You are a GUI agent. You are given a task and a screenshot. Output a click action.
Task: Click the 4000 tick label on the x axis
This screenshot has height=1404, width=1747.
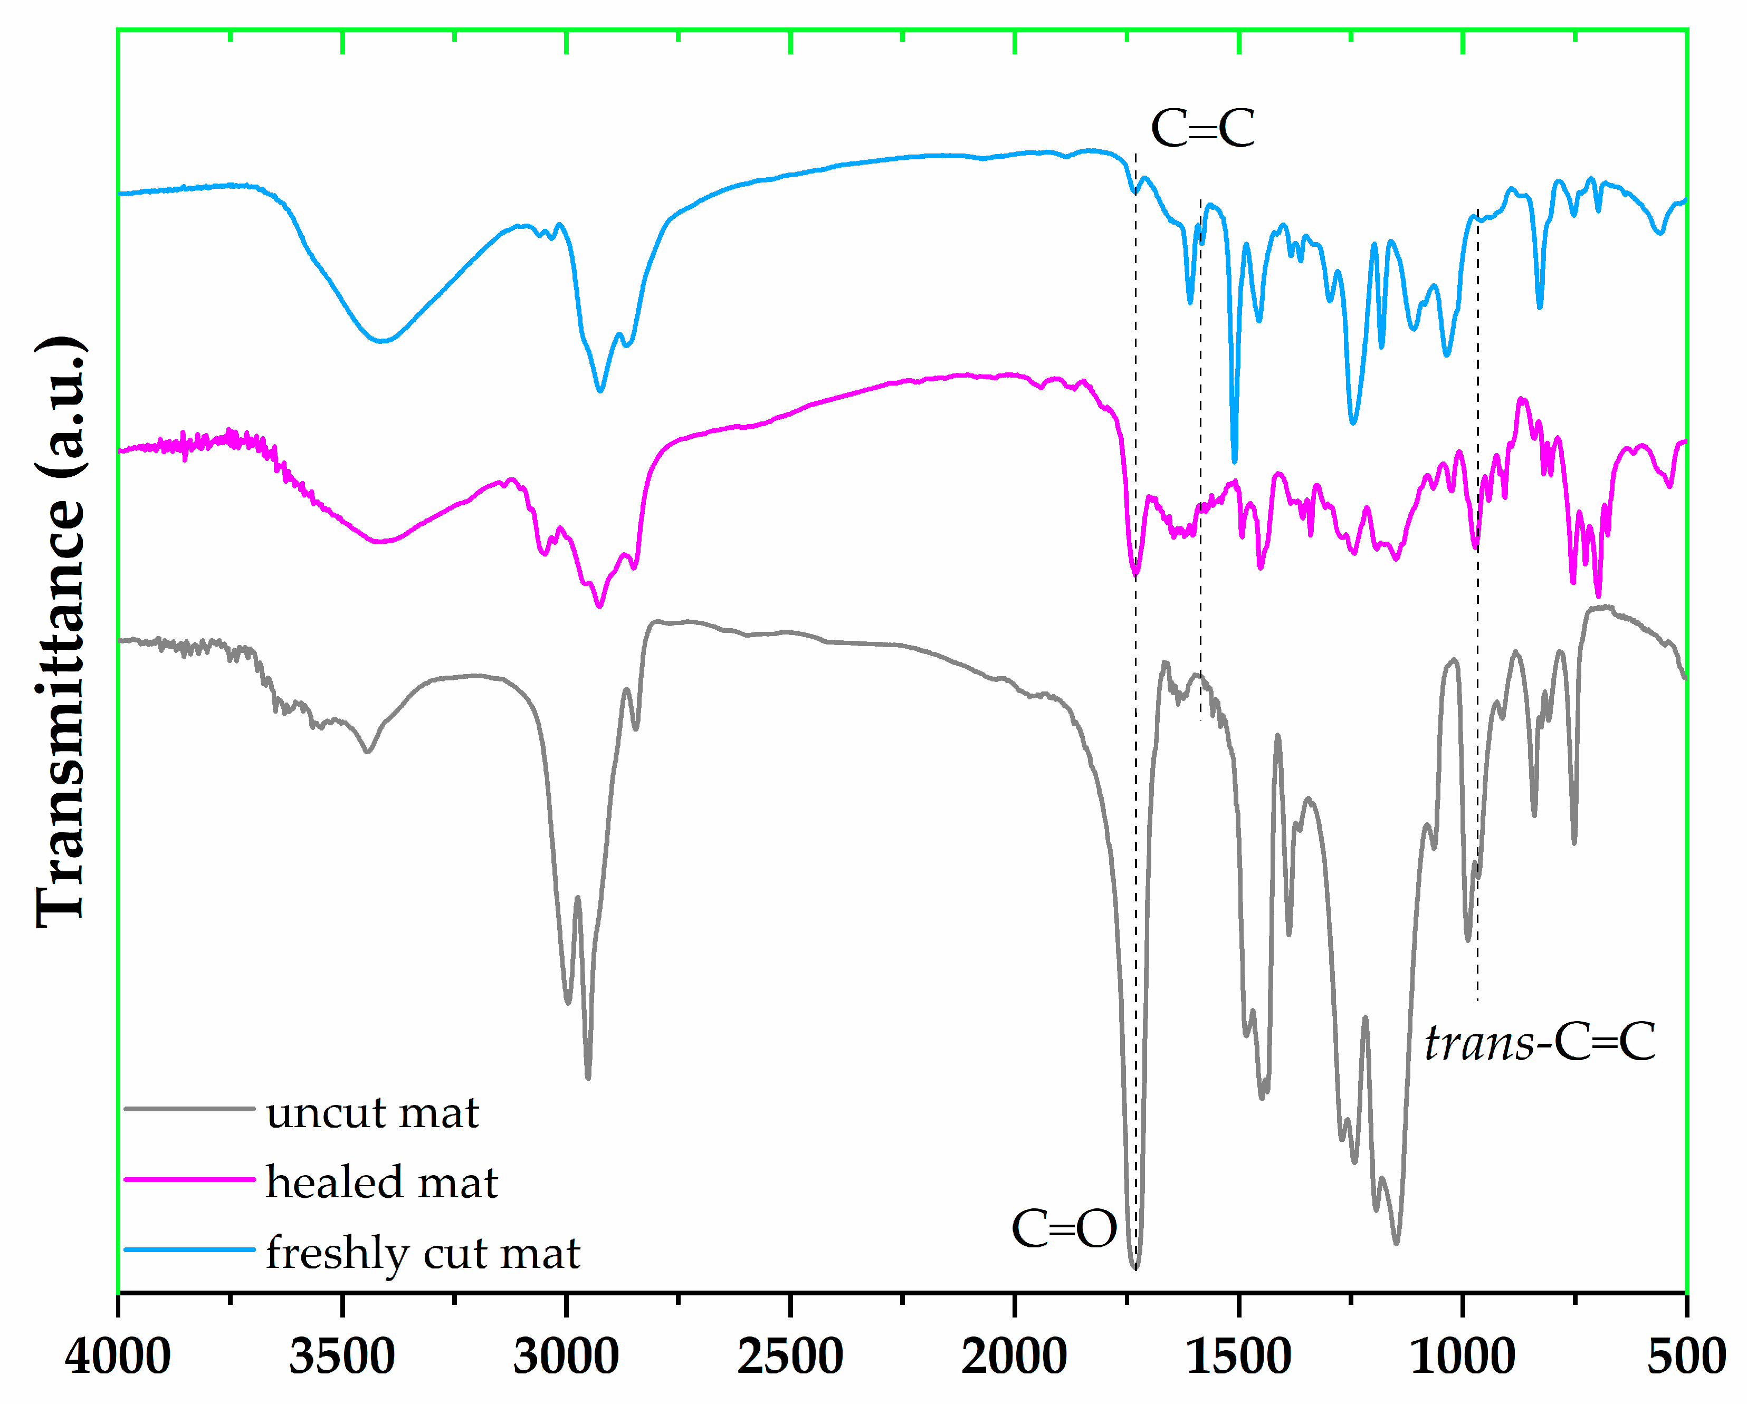tap(118, 1357)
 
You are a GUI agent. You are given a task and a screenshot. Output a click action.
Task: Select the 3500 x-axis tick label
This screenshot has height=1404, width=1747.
tap(341, 1357)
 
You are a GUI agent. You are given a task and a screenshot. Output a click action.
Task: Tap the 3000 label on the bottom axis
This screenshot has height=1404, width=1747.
tap(566, 1357)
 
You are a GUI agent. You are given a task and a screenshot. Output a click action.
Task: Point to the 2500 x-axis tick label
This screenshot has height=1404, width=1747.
tap(789, 1357)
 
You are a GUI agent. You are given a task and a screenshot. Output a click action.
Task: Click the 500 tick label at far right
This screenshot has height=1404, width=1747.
tap(1685, 1357)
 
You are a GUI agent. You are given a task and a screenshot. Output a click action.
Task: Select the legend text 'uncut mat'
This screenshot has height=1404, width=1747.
tap(372, 1113)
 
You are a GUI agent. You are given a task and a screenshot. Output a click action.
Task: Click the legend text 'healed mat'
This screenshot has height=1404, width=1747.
tap(381, 1183)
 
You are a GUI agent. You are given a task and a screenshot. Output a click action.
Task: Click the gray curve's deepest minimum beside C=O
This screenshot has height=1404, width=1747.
tap(1135, 1268)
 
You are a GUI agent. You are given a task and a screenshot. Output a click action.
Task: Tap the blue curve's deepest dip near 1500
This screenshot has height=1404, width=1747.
tap(1234, 460)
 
